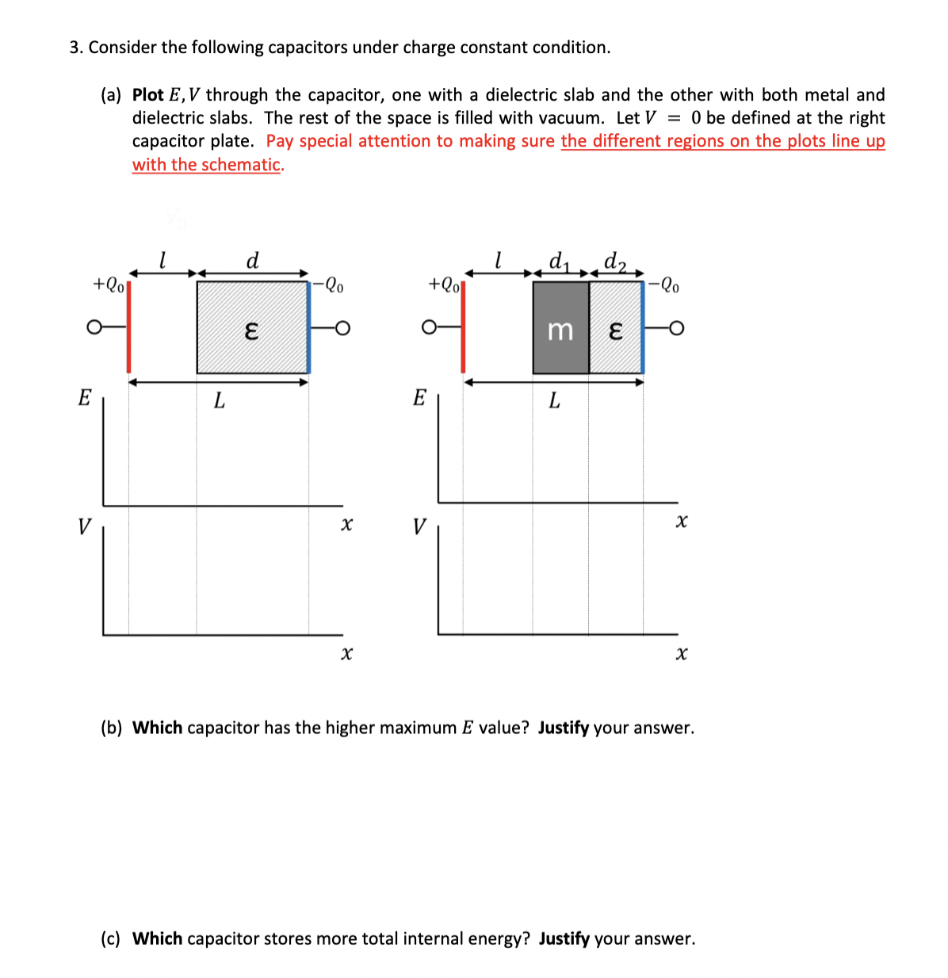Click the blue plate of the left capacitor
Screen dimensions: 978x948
(308, 327)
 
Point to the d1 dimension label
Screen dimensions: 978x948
(559, 260)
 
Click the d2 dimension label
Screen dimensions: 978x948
(614, 260)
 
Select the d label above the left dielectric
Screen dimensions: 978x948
(253, 260)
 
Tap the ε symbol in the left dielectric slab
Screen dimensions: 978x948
(251, 330)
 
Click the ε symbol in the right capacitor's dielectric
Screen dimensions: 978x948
(615, 330)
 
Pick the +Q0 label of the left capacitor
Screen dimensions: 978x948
(109, 284)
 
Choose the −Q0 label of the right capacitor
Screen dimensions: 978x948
(663, 284)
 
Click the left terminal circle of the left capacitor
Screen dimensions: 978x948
(94, 326)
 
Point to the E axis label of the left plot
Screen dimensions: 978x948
(84, 397)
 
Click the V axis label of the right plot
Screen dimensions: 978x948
(419, 526)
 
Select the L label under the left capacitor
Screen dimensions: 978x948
(220, 402)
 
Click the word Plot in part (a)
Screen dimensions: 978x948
(148, 95)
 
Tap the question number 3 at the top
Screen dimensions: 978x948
(75, 48)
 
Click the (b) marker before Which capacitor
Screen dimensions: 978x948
(111, 728)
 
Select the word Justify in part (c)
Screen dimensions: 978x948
(564, 938)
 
